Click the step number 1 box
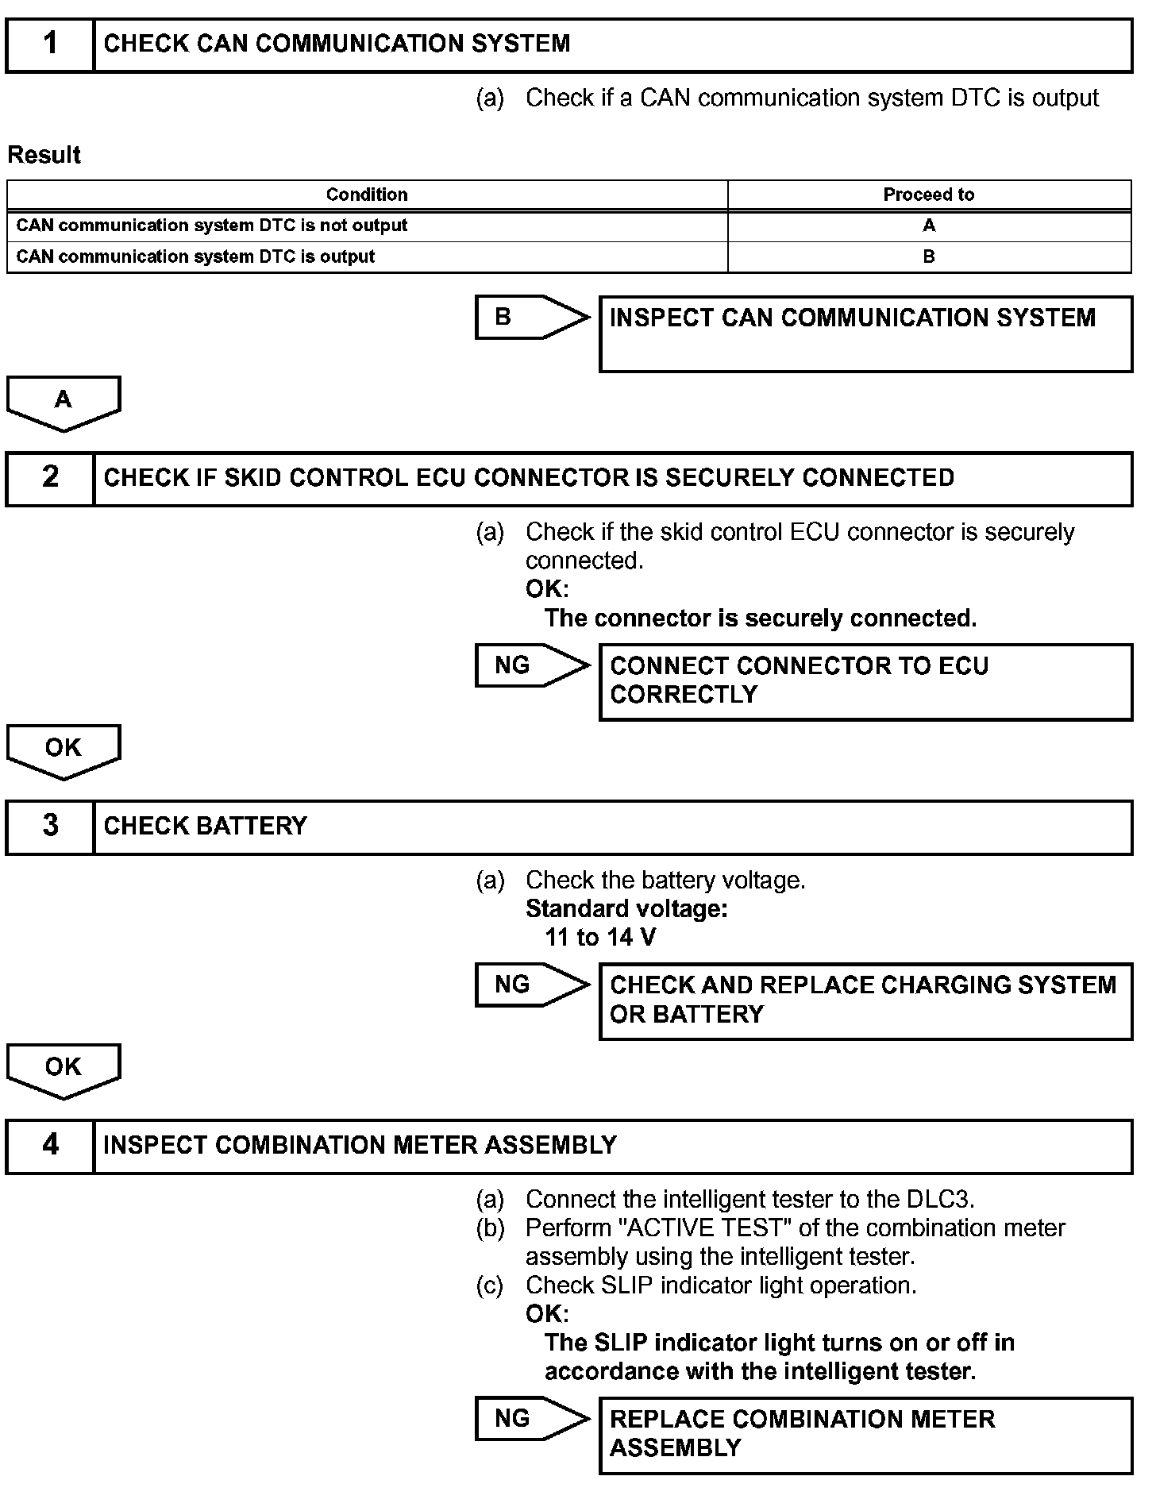point(50,44)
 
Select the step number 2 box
point(50,478)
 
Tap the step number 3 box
point(50,827)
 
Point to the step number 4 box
point(50,1146)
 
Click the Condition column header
point(367,195)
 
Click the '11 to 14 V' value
point(600,938)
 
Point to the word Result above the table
point(44,155)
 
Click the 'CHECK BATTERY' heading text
point(206,827)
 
